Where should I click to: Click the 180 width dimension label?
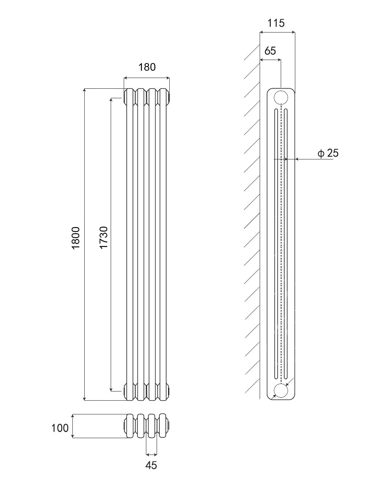pyautogui.click(x=147, y=67)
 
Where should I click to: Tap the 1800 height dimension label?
pyautogui.click(x=75, y=238)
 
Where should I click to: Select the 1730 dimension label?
pyautogui.click(x=103, y=237)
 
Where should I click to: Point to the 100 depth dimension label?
pyautogui.click(x=60, y=428)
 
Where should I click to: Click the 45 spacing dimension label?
pyautogui.click(x=151, y=465)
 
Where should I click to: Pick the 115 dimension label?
pyautogui.click(x=276, y=23)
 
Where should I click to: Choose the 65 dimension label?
pyautogui.click(x=270, y=51)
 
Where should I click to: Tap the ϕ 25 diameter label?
pyautogui.click(x=328, y=153)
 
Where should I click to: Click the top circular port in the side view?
pyautogui.click(x=281, y=97)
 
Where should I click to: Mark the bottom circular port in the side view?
pyautogui.click(x=281, y=390)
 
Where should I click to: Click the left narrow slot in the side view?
pyautogui.click(x=276, y=244)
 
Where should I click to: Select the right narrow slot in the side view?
pyautogui.click(x=286, y=244)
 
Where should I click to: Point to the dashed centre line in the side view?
pyautogui.click(x=281, y=244)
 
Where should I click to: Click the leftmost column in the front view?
pyautogui.click(x=130, y=244)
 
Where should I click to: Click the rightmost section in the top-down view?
pyautogui.click(x=163, y=426)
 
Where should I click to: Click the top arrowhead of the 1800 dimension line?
pyautogui.click(x=85, y=90)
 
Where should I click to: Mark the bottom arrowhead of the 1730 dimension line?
pyautogui.click(x=111, y=389)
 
